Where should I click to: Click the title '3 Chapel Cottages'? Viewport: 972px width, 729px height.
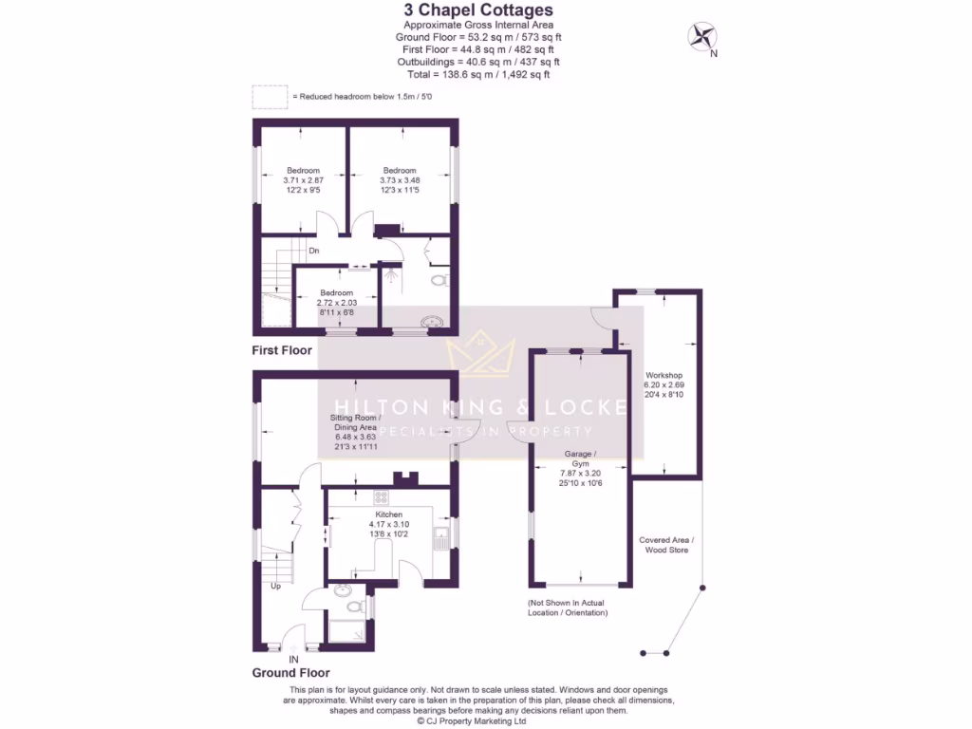[x=478, y=10]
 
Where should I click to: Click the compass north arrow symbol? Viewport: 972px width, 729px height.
[x=701, y=37]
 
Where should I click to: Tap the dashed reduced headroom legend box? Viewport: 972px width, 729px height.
[x=270, y=97]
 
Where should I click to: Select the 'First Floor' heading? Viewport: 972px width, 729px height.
[x=282, y=350]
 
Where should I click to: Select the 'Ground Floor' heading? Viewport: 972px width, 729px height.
[x=290, y=673]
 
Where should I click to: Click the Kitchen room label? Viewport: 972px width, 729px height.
[x=389, y=514]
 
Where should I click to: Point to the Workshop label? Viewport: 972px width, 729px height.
[x=664, y=376]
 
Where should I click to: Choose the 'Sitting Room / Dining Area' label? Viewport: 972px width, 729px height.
[x=355, y=422]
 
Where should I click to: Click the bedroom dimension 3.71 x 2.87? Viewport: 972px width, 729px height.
[x=304, y=180]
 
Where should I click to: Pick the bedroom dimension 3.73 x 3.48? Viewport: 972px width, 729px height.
[x=400, y=180]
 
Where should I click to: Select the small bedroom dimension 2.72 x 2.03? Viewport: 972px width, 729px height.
[x=336, y=303]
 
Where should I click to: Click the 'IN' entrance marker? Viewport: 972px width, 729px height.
[x=293, y=659]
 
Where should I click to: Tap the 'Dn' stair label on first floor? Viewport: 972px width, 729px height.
[x=314, y=251]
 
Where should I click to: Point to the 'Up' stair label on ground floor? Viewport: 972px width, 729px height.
[x=276, y=586]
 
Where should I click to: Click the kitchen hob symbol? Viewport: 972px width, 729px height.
[x=381, y=496]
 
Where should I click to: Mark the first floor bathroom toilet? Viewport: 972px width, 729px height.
[x=438, y=280]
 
